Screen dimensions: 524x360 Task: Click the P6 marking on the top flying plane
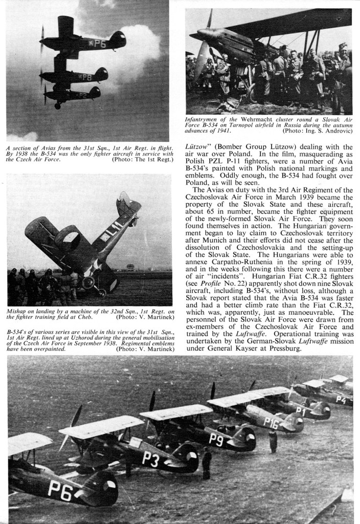pos(99,44)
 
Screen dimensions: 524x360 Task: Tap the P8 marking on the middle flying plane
pos(87,77)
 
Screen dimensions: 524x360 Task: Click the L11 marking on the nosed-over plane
pos(117,225)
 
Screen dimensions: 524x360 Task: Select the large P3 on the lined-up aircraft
pos(150,459)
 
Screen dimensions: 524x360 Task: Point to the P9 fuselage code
pos(217,440)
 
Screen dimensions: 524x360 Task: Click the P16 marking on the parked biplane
pos(271,423)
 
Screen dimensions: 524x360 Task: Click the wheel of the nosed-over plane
pos(87,282)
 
